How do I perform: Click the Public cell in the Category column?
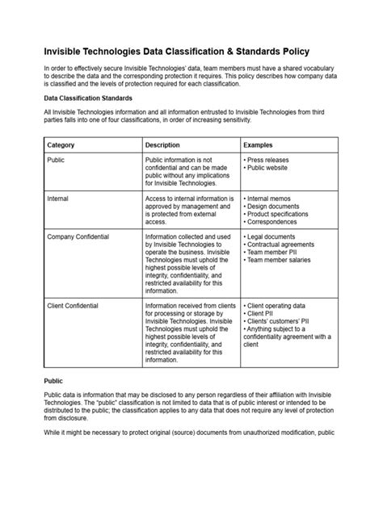[x=57, y=161]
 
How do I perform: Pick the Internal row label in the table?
[x=59, y=198]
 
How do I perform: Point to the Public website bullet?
[x=270, y=169]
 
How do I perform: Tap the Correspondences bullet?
[x=276, y=225]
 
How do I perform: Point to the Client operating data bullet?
[x=280, y=307]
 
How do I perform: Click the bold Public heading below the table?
[x=53, y=379]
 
